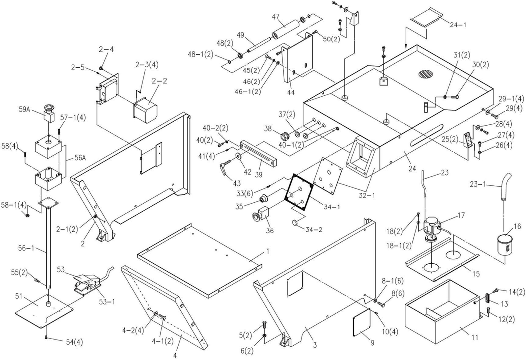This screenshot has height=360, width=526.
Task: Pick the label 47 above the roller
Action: (275, 17)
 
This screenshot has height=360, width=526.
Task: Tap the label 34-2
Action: (314, 229)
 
